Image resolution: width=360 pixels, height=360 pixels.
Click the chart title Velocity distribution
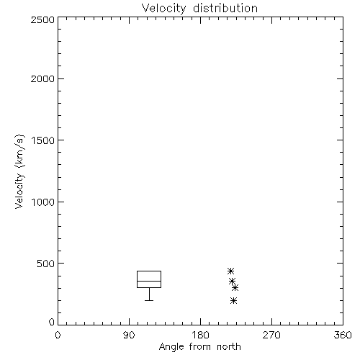pyautogui.click(x=199, y=9)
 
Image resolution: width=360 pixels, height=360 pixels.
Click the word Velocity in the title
pyautogui.click(x=163, y=9)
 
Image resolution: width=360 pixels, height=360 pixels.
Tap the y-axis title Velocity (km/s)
pyautogui.click(x=20, y=171)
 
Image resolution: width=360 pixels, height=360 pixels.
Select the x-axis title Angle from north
pyautogui.click(x=199, y=347)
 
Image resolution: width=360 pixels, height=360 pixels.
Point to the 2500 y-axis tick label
pyautogui.click(x=42, y=19)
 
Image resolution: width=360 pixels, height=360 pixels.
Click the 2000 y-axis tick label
pyautogui.click(x=42, y=78)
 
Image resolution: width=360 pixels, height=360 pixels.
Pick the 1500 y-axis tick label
pyautogui.click(x=43, y=140)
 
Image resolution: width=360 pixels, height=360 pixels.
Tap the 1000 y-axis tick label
pyautogui.click(x=43, y=202)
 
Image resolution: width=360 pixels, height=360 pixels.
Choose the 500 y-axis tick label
pyautogui.click(x=46, y=264)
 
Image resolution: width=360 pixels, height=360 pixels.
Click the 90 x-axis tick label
pyautogui.click(x=129, y=335)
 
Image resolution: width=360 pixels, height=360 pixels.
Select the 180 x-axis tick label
pyautogui.click(x=200, y=335)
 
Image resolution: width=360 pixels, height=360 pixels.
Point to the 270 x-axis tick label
pyautogui.click(x=271, y=335)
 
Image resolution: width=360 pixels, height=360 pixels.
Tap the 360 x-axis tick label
pyautogui.click(x=343, y=335)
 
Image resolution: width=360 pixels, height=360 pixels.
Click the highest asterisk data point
pyautogui.click(x=230, y=271)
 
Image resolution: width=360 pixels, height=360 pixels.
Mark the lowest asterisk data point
pyautogui.click(x=233, y=300)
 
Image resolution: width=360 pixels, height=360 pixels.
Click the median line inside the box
pyautogui.click(x=149, y=281)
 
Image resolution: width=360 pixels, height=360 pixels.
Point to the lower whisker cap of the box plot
pyautogui.click(x=149, y=300)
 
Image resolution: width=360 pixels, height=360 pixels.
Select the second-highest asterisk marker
pyautogui.click(x=232, y=281)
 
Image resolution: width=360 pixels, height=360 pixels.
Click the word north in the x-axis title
pyautogui.click(x=229, y=347)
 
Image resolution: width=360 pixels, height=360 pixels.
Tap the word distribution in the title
pyautogui.click(x=225, y=9)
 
